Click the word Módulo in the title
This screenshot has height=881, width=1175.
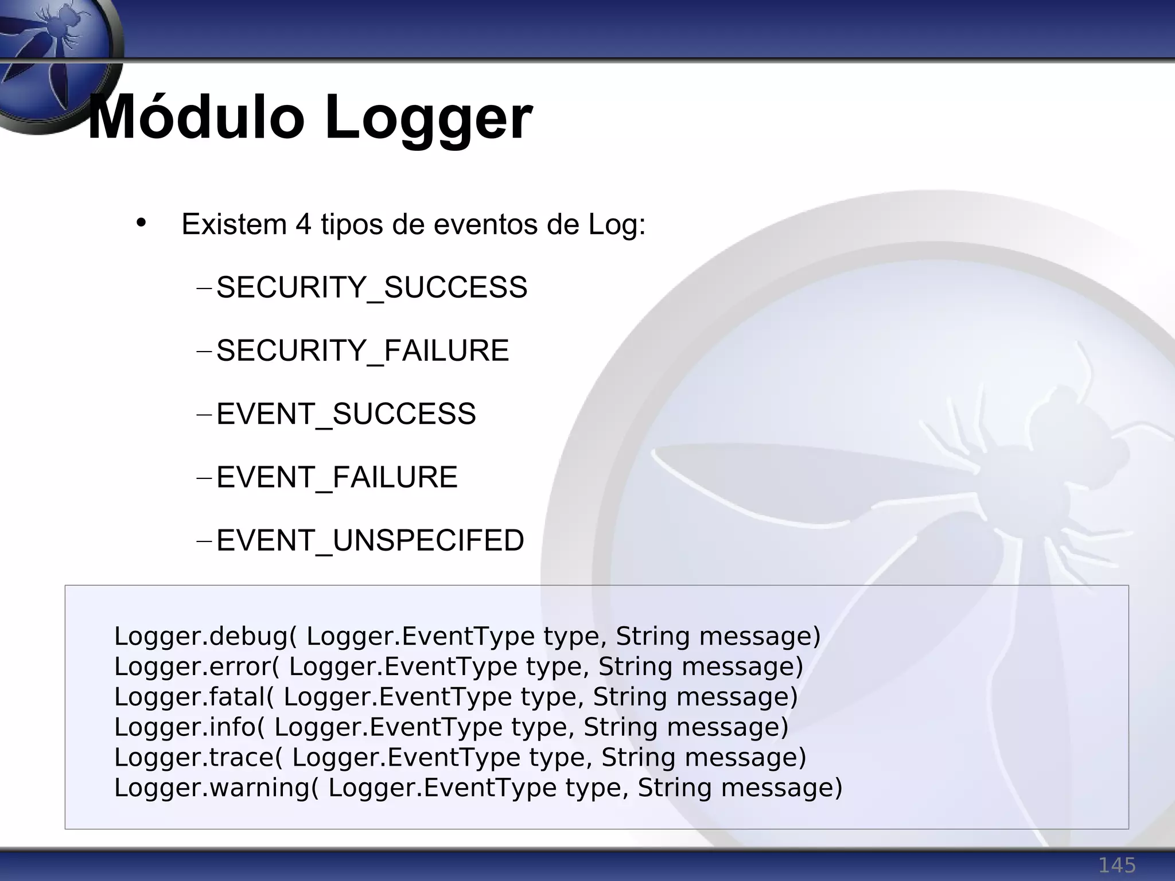click(196, 119)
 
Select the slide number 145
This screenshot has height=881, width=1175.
click(1116, 865)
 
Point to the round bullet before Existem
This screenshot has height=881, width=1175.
click(141, 223)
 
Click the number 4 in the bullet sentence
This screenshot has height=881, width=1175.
click(304, 224)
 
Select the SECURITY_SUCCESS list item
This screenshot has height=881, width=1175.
click(371, 287)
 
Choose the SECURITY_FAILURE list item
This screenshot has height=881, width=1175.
click(363, 350)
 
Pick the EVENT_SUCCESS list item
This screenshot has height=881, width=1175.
click(346, 414)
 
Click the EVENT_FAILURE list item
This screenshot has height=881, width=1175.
click(337, 477)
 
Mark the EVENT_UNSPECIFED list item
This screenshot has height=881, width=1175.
click(370, 540)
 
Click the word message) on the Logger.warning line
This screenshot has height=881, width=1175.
click(781, 788)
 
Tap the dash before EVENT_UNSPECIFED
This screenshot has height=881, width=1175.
click(204, 540)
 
